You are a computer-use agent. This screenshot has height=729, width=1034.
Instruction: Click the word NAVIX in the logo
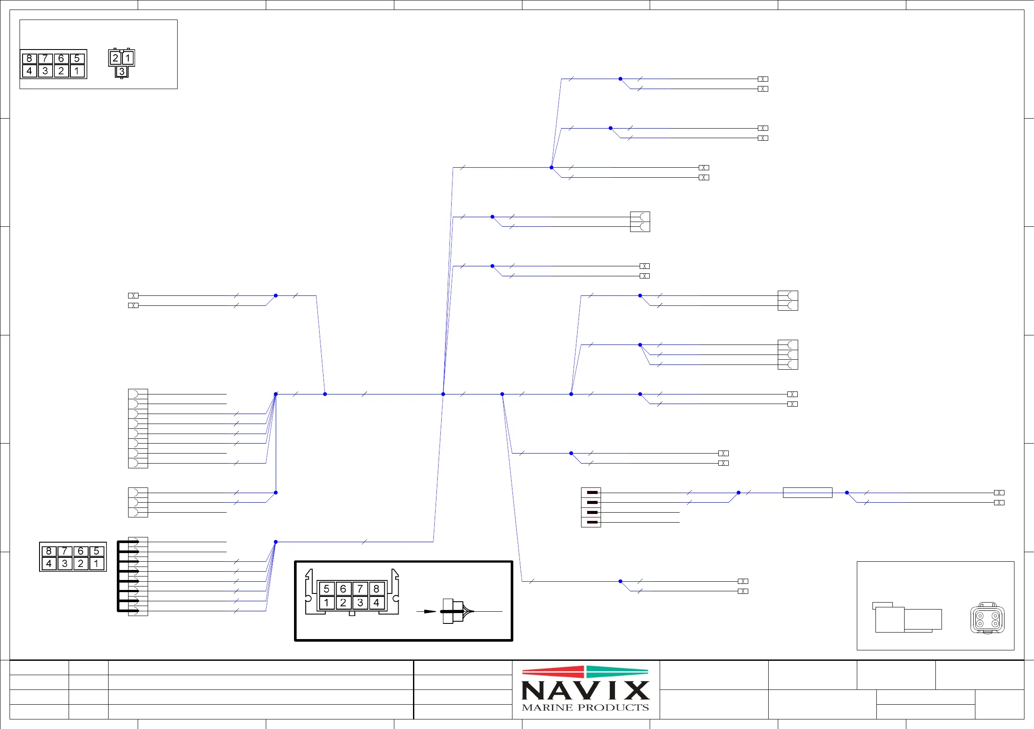point(585,691)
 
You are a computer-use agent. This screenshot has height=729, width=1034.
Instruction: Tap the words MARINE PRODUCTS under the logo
point(585,708)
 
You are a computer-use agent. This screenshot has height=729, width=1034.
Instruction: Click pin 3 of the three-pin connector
point(122,71)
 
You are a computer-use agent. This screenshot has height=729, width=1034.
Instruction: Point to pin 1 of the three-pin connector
point(128,58)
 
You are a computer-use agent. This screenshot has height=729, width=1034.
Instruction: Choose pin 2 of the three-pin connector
point(115,58)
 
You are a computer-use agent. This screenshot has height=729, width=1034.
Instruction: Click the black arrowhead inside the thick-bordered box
point(429,611)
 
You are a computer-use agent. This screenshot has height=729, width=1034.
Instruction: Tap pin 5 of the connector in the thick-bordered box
point(327,589)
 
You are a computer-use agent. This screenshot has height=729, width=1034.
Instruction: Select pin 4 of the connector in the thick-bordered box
point(377,603)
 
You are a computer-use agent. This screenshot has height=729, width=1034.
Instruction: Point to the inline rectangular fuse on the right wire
point(807,493)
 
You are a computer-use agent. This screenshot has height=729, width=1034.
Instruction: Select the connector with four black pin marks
point(591,507)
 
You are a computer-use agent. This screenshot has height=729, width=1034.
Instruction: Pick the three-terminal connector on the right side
point(788,355)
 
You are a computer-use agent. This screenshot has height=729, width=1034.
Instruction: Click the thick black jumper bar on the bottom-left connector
point(119,576)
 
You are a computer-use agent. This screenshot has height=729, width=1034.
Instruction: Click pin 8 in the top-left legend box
point(29,59)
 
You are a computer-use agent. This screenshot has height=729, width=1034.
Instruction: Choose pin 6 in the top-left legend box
point(61,59)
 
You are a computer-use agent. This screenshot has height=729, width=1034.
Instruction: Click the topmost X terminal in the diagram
point(763,79)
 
